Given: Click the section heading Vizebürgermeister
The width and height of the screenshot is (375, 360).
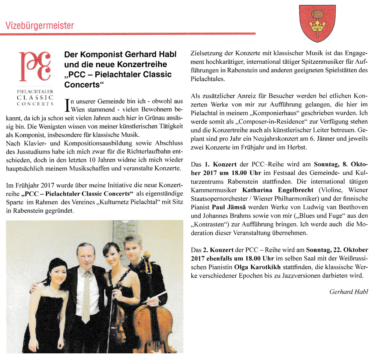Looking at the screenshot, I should pyautogui.click(x=40, y=25).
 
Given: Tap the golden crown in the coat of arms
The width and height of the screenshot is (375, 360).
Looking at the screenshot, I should pyautogui.click(x=317, y=26).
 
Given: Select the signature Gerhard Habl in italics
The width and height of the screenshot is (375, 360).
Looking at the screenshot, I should pyautogui.click(x=348, y=291).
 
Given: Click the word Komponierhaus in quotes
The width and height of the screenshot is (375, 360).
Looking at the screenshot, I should pyautogui.click(x=277, y=114).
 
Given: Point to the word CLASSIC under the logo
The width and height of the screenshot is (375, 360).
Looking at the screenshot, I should pyautogui.click(x=36, y=97).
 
